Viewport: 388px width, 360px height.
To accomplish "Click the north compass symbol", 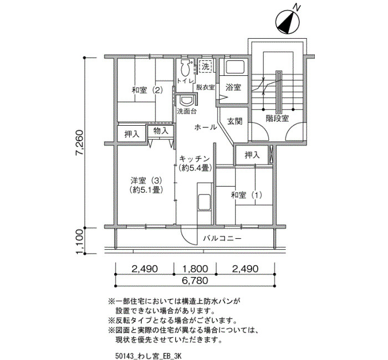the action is point(287,22).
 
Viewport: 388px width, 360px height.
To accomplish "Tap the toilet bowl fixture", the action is point(185,68).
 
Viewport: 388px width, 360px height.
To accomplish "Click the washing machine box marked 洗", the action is point(206,66).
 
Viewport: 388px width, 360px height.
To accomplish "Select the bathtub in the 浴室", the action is point(235,67).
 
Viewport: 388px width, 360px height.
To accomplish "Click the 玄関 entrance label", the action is point(234,121).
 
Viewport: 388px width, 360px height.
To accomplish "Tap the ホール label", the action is point(206,127).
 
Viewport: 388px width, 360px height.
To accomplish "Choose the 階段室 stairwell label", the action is point(277,119).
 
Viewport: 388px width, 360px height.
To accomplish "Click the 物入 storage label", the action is point(161,130).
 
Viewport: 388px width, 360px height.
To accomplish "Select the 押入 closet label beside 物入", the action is point(132,134).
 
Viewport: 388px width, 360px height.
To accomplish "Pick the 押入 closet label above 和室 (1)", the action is point(252,155).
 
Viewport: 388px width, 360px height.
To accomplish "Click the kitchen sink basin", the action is point(204,203).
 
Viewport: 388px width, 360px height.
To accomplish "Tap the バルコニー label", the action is point(222,239).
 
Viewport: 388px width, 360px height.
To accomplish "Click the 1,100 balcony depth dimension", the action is point(80,241).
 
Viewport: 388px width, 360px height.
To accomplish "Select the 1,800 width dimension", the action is point(195,269).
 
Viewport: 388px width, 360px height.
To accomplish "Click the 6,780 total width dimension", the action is point(195,281).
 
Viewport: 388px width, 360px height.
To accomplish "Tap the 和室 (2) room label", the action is point(147,90).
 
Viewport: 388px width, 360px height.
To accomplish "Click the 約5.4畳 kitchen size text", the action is point(195,168).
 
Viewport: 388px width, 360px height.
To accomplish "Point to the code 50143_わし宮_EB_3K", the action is point(148,356).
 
